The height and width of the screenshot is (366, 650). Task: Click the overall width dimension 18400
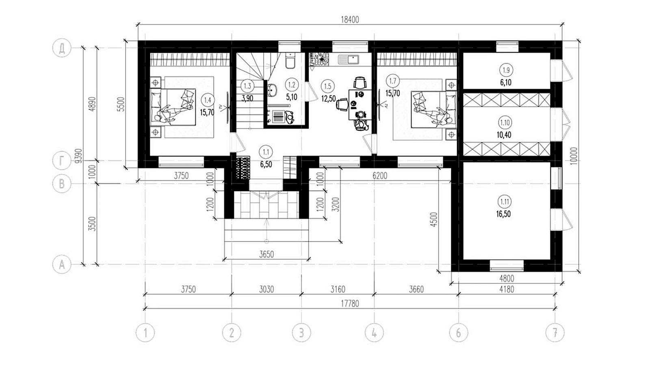[x=350, y=20]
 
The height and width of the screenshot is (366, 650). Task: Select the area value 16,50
[x=503, y=214]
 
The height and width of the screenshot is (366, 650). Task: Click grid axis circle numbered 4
[x=374, y=333]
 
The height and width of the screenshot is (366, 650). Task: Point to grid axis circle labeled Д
[x=61, y=48]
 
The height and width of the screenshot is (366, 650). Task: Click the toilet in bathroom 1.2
[x=290, y=61]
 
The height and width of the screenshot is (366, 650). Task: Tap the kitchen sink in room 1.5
[x=349, y=60]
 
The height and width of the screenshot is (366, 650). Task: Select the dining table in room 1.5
[x=360, y=105]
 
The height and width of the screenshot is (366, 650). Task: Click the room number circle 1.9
[x=506, y=70]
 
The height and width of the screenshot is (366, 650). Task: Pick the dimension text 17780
[x=350, y=303]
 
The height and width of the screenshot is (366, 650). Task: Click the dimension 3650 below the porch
[x=266, y=255]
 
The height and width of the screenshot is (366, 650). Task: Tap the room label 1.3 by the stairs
[x=247, y=86]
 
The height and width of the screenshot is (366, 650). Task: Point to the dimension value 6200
[x=380, y=176]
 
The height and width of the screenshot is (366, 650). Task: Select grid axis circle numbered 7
[x=555, y=333]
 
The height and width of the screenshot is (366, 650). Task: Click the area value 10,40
[x=504, y=135]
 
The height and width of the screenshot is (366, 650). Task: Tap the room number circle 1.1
[x=266, y=152]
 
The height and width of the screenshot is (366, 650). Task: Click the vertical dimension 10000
[x=574, y=156]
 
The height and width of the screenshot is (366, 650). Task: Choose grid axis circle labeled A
[x=61, y=265]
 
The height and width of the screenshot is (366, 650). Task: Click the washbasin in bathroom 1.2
[x=272, y=90]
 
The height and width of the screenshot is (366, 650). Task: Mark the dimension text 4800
[x=507, y=279]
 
